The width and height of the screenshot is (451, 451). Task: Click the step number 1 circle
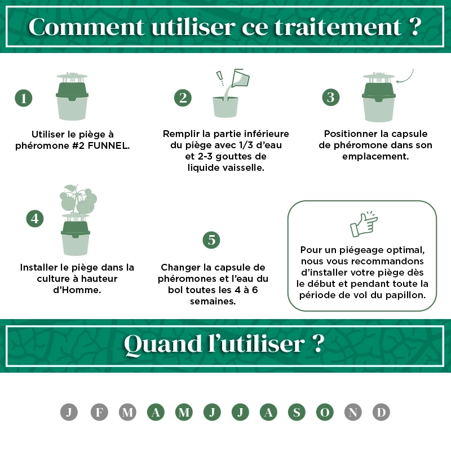point(23,98)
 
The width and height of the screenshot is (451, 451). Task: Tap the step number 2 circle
point(183,98)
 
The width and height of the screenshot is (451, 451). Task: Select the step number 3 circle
point(331,97)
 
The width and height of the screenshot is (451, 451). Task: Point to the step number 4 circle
point(35,219)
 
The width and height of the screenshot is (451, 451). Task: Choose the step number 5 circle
point(211,240)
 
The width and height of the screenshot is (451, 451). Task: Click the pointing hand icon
point(364,224)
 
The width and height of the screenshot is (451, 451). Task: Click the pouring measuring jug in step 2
point(241,78)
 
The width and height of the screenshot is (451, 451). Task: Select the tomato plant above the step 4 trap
point(78,199)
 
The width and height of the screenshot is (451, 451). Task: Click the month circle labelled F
point(99,412)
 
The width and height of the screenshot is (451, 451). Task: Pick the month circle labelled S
point(297,412)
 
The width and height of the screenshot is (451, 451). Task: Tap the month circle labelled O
point(325,412)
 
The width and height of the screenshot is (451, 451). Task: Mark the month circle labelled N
point(353,412)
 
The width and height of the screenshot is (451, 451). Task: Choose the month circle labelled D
point(381,412)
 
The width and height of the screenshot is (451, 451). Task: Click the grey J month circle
point(69,412)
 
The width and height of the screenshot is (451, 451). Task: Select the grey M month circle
point(127,412)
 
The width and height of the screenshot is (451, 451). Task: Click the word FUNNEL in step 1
point(108,146)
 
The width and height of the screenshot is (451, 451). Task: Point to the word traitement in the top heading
point(338,27)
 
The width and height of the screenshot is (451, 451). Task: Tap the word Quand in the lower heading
point(162,345)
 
